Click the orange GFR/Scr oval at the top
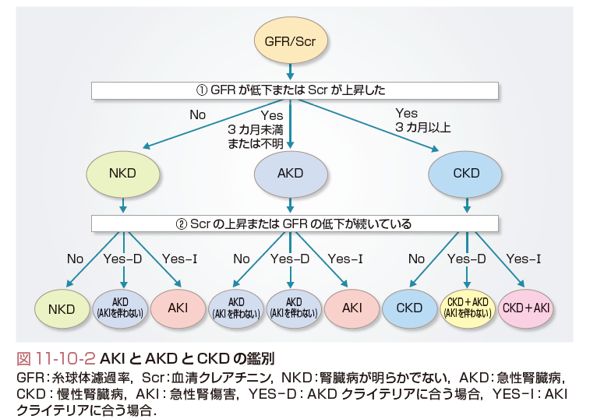tap(290, 40)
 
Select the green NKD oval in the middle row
tap(122, 173)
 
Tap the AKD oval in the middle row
tap(291, 173)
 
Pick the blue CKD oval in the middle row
tap(466, 173)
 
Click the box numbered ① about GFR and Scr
tap(295, 90)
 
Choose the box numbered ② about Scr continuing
tap(295, 224)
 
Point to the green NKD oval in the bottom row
tap(62, 308)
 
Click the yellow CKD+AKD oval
tap(468, 308)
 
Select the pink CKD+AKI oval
tap(526, 308)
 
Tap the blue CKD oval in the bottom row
tap(409, 308)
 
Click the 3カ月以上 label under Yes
tap(423, 127)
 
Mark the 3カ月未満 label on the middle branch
tap(256, 130)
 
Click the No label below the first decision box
tap(198, 115)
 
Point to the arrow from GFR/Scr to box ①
tap(290, 72)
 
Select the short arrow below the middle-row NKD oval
tap(122, 205)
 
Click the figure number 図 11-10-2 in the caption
tap(55, 358)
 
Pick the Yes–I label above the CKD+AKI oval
tap(524, 259)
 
